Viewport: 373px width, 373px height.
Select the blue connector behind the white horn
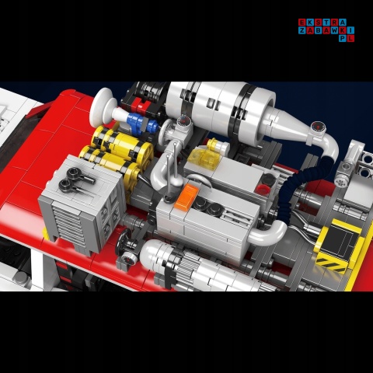point(139,123)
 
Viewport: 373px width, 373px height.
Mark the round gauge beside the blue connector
point(183,121)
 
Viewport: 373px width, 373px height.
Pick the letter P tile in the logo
point(344,38)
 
